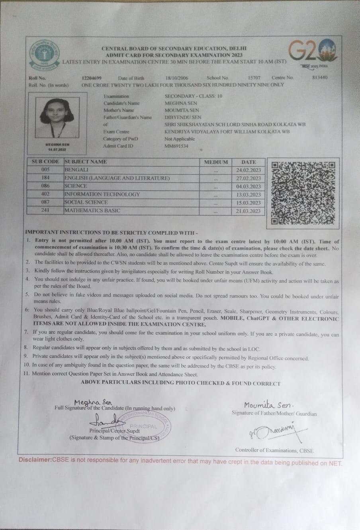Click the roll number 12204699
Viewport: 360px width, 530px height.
pyautogui.click(x=92, y=78)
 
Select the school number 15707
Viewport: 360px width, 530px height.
pyautogui.click(x=254, y=78)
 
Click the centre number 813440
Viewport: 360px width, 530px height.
pyautogui.click(x=320, y=77)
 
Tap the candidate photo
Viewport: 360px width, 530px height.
pyautogui.click(x=57, y=118)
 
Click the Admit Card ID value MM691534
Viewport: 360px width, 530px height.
pyautogui.click(x=176, y=146)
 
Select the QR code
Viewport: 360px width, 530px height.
pyautogui.click(x=303, y=193)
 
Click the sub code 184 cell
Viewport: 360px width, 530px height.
pyautogui.click(x=45, y=178)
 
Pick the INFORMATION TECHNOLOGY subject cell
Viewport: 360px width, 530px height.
pyautogui.click(x=102, y=194)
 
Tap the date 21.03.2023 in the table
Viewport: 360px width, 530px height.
pyautogui.click(x=248, y=211)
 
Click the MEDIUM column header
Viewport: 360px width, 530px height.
pyautogui.click(x=216, y=162)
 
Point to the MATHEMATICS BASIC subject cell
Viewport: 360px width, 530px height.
pyautogui.click(x=92, y=210)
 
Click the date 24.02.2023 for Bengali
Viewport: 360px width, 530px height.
pyautogui.click(x=248, y=170)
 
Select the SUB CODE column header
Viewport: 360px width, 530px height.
pyautogui.click(x=45, y=162)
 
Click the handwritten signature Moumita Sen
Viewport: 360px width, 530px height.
pyautogui.click(x=268, y=405)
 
